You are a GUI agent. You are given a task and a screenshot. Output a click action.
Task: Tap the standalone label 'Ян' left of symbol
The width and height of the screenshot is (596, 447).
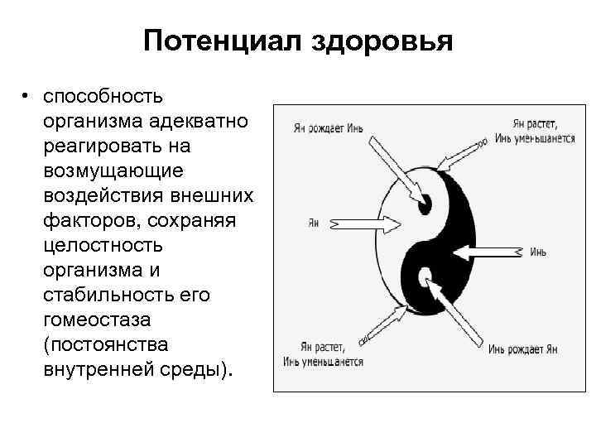(x=313, y=223)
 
